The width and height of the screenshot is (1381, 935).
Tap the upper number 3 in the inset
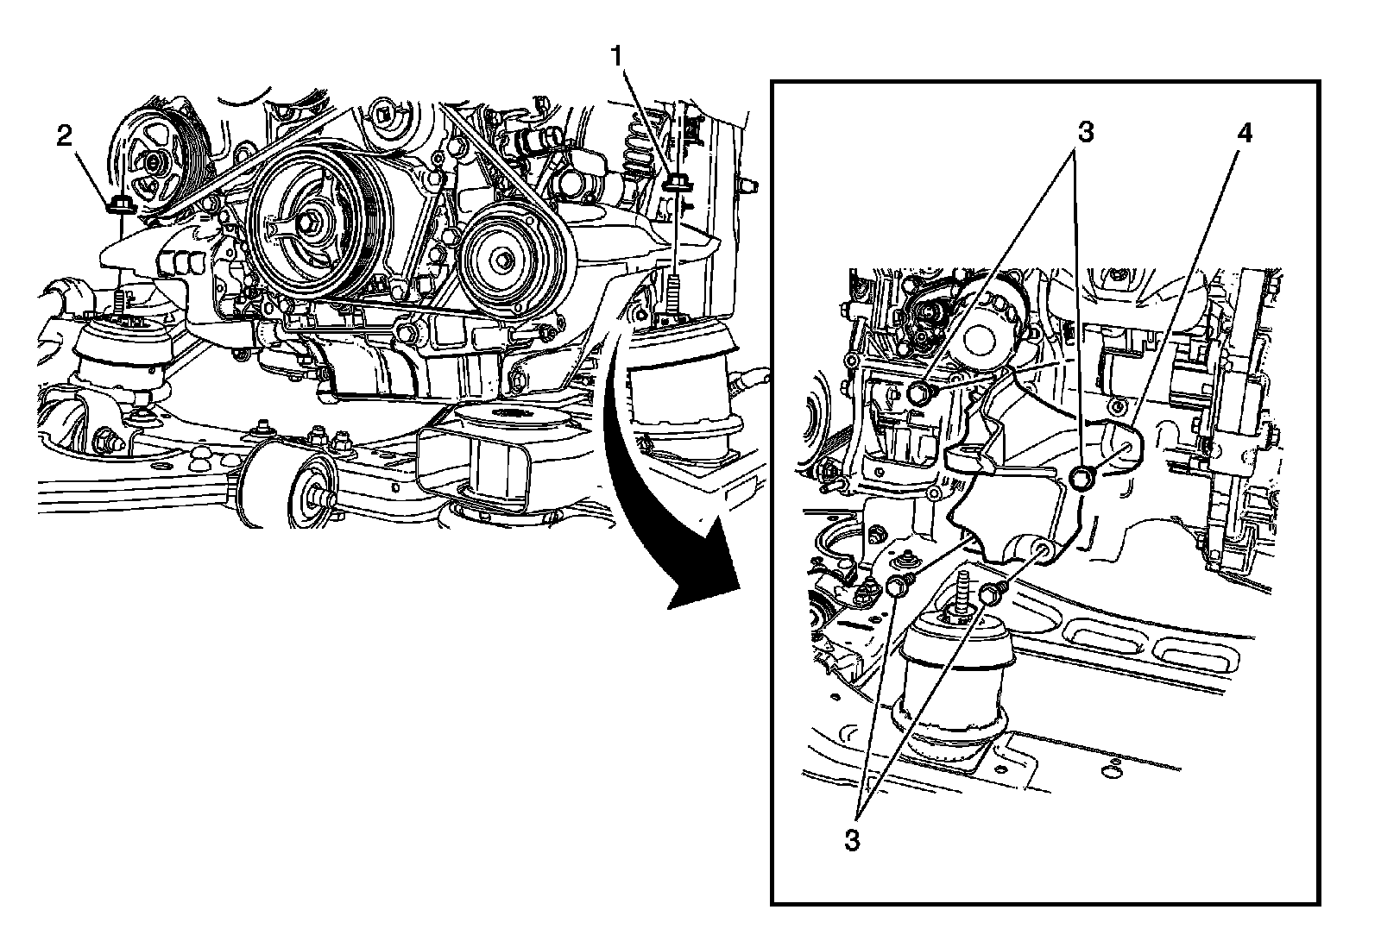[x=1085, y=134]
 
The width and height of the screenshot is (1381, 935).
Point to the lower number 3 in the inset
[x=852, y=840]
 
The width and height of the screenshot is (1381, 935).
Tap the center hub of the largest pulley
[x=309, y=223]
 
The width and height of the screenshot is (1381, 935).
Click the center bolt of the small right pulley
[x=503, y=259]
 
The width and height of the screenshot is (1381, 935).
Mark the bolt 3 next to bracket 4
[x=1081, y=477]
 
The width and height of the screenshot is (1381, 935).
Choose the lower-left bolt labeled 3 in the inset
[x=897, y=587]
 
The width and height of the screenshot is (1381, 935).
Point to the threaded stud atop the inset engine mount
[x=960, y=591]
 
